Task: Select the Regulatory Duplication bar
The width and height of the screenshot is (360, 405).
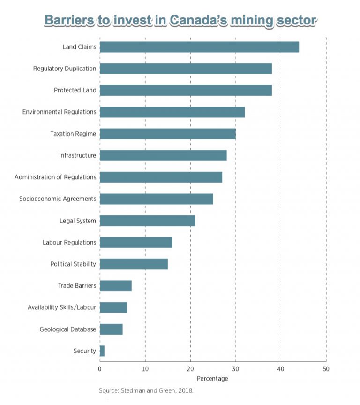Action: [186, 69]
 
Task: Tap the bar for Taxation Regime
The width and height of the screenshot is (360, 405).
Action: [167, 134]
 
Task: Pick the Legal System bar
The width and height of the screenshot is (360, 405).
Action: [147, 221]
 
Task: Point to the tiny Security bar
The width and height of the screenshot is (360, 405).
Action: [102, 351]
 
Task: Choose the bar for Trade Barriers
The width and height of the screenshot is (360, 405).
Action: [115, 286]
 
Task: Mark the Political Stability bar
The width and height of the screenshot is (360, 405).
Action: [134, 264]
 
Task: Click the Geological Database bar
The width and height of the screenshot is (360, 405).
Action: [111, 329]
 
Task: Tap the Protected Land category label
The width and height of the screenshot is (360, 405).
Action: [75, 90]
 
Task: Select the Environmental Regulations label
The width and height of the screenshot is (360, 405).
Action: [60, 112]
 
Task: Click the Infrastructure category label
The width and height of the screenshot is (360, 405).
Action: [77, 155]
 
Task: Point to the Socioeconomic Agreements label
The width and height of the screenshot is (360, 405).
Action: [58, 199]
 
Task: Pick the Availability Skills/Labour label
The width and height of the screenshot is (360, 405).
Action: [62, 307]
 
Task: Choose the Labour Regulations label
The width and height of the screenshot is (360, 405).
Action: [69, 242]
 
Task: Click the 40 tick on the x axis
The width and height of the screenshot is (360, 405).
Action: [281, 368]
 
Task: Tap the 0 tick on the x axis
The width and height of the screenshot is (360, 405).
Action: [100, 368]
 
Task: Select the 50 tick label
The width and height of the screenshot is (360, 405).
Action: [326, 368]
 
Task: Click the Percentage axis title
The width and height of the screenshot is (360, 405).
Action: [212, 378]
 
